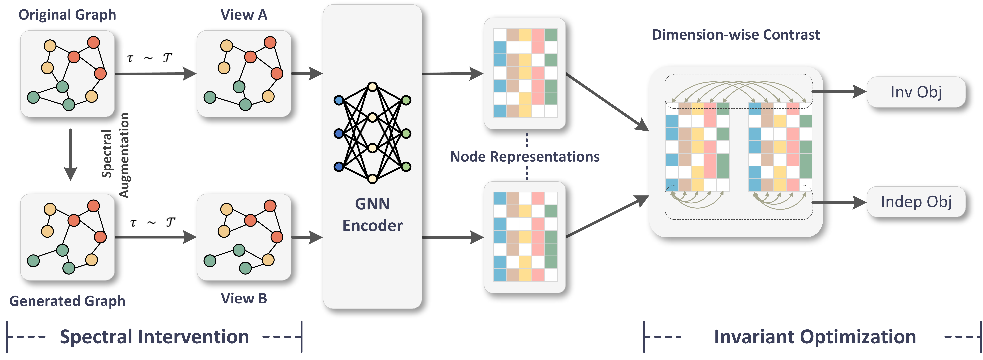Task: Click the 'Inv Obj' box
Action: tap(916, 92)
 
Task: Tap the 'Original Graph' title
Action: tap(67, 15)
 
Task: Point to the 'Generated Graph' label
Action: tap(67, 301)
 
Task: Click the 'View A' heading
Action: tap(244, 15)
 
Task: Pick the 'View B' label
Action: tap(244, 298)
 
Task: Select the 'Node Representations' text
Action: tap(525, 156)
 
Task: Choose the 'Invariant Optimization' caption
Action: tap(815, 337)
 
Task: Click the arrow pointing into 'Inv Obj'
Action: tap(839, 92)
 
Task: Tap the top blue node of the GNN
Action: tap(338, 100)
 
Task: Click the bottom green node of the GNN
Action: tap(406, 166)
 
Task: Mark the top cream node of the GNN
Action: tap(372, 87)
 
